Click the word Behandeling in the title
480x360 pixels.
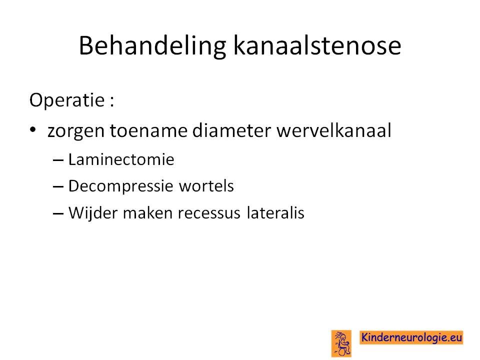pyautogui.click(x=152, y=46)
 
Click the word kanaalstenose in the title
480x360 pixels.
pyautogui.click(x=317, y=45)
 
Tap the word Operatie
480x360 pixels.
pyautogui.click(x=67, y=100)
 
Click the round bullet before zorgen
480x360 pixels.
pyautogui.click(x=33, y=130)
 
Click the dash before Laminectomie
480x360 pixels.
pyautogui.click(x=58, y=160)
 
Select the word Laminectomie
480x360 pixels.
pyautogui.click(x=121, y=159)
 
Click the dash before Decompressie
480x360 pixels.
pyautogui.click(x=58, y=186)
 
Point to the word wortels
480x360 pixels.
pyautogui.click(x=206, y=186)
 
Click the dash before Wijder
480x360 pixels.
pyautogui.click(x=58, y=213)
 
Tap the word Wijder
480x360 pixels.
pyautogui.click(x=93, y=213)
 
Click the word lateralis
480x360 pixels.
pyautogui.click(x=275, y=213)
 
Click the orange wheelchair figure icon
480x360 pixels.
pyautogui.click(x=341, y=343)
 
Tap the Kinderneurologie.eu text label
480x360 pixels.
pyautogui.click(x=411, y=337)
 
